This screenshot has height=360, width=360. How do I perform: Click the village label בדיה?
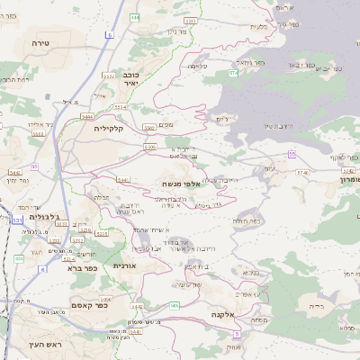tap(316, 306)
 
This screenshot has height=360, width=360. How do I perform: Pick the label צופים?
tap(165, 126)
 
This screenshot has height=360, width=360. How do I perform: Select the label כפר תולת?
tap(246, 221)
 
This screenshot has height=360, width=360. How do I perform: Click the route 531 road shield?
tap(17, 220)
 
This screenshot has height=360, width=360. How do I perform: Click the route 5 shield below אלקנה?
tap(237, 332)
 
